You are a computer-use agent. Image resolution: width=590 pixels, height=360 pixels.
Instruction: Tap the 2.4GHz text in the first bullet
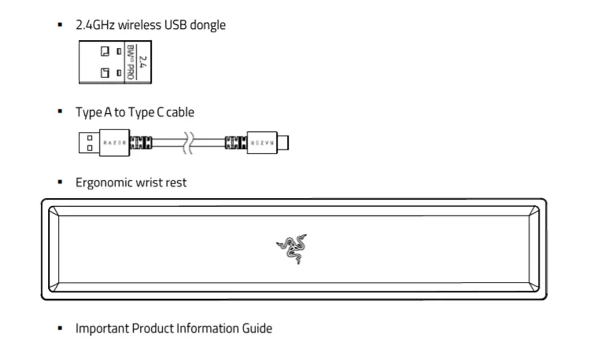coord(94,25)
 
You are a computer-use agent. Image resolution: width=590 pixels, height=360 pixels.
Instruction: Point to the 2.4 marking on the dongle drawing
coord(143,62)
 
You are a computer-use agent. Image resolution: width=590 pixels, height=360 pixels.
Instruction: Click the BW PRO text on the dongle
coord(130,62)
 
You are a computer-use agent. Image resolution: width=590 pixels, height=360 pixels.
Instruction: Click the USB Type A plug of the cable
coord(88,143)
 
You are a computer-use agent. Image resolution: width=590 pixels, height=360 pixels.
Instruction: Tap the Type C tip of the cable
coord(283,143)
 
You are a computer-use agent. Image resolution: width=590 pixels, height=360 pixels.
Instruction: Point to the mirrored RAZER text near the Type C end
coord(262,143)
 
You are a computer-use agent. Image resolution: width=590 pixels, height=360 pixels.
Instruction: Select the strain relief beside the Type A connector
coord(140,143)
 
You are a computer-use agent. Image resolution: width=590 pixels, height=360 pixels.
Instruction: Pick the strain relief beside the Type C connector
coord(235,143)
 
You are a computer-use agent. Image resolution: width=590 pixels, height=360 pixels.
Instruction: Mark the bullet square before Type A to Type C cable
coord(59,112)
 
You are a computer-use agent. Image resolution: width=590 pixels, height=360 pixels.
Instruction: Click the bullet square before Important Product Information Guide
coord(59,329)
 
